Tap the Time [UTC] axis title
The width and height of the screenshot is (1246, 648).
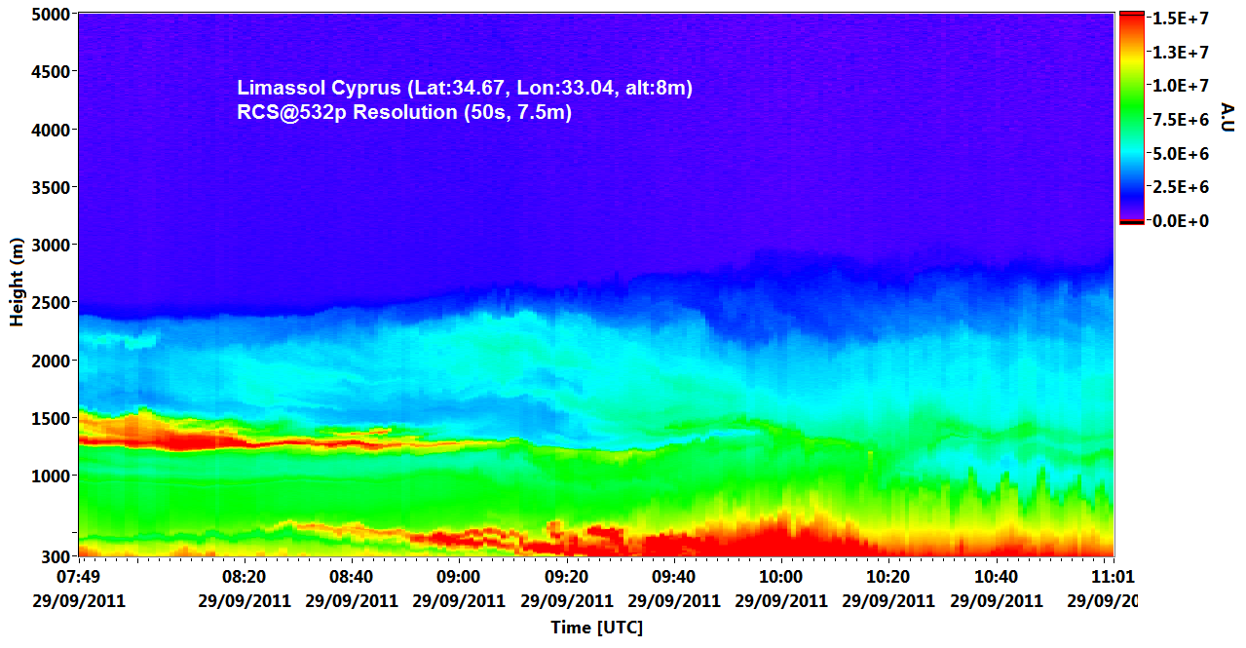click(596, 628)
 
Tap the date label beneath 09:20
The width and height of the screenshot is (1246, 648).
click(566, 600)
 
